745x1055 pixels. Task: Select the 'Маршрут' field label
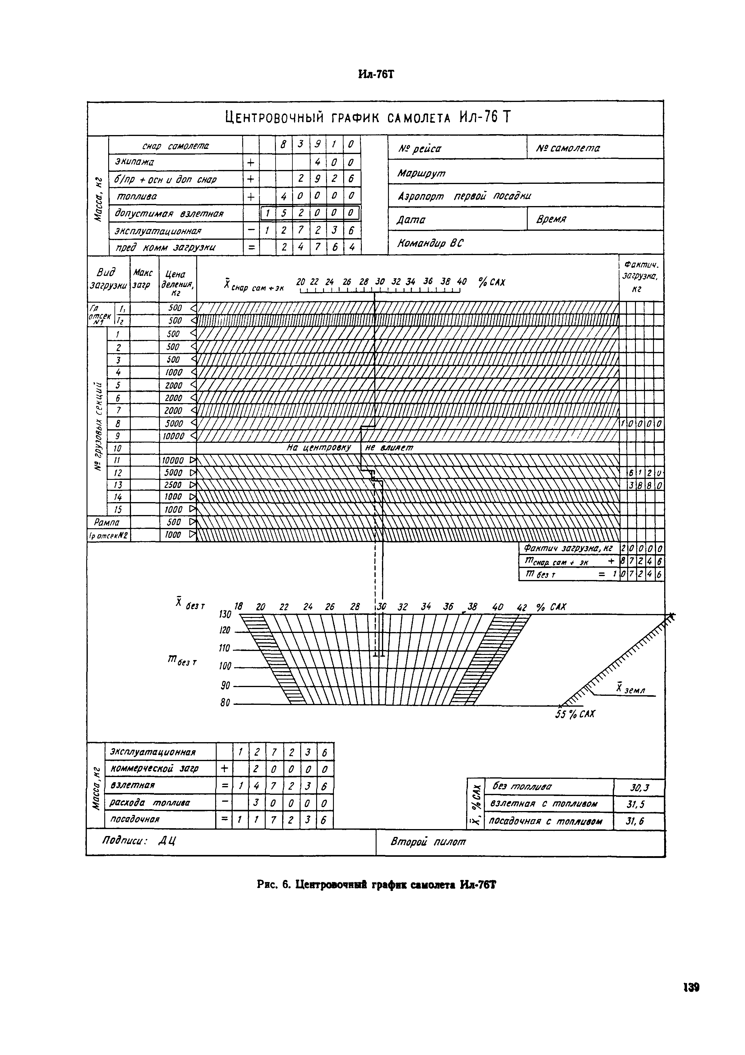click(x=421, y=173)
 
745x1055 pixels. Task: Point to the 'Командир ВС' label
click(x=430, y=243)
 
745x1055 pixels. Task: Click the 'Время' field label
click(x=551, y=219)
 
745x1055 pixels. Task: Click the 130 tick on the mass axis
click(x=225, y=614)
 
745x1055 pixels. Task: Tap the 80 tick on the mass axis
click(x=225, y=703)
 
